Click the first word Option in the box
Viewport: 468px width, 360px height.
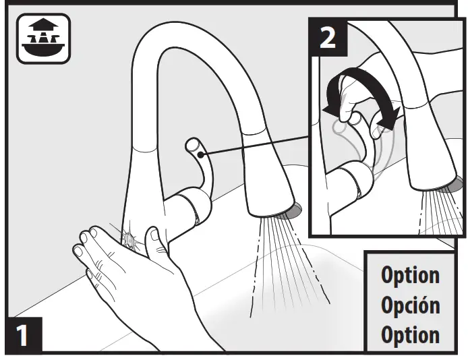(410, 275)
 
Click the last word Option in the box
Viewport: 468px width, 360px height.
(410, 334)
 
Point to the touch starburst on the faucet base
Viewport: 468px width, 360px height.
(127, 237)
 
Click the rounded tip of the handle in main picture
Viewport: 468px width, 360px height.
(193, 145)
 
